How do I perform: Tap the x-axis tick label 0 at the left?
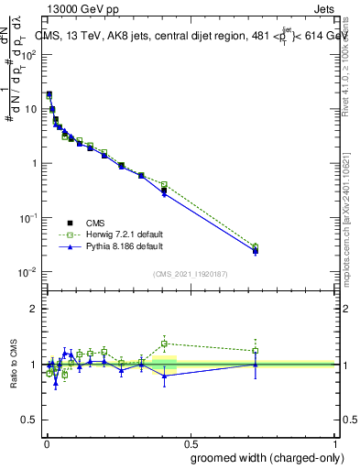click(46, 442)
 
